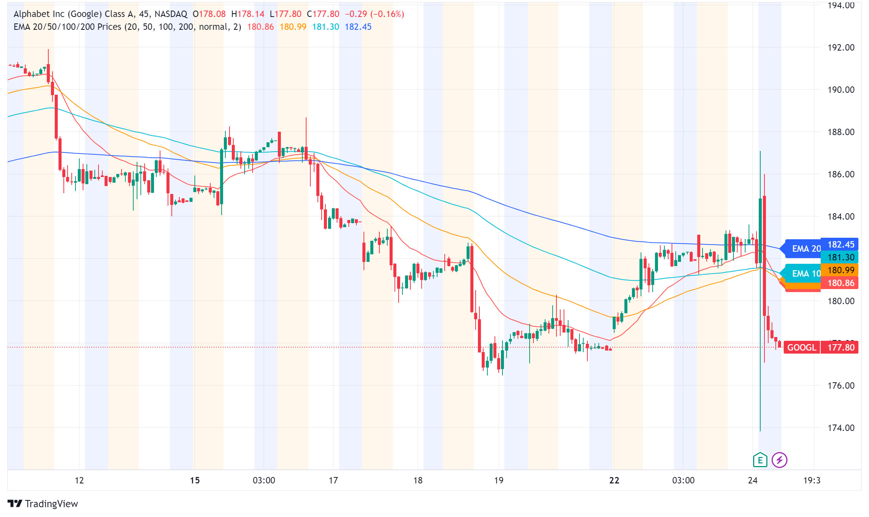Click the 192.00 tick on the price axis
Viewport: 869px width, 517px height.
(x=841, y=48)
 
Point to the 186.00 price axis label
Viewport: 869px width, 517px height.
(x=841, y=174)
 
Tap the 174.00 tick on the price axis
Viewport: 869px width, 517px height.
(x=841, y=428)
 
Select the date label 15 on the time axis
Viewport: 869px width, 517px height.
(x=194, y=480)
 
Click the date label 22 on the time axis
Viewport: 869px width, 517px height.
(x=614, y=480)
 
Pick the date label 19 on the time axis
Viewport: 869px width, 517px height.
(x=499, y=480)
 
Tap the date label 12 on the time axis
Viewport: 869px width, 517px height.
(x=79, y=480)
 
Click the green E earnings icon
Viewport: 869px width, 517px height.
(x=760, y=460)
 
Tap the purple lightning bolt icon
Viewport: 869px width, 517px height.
(x=779, y=460)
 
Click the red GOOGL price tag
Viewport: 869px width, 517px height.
(x=801, y=347)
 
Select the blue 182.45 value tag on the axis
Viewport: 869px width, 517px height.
(x=841, y=245)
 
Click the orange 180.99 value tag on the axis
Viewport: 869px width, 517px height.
(x=841, y=270)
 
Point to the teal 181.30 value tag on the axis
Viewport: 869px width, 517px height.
(x=841, y=257)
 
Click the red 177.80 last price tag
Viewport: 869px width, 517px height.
(x=841, y=347)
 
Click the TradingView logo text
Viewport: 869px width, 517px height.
(x=51, y=504)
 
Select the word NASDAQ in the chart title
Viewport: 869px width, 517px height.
(x=171, y=14)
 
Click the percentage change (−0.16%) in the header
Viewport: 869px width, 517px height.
(x=387, y=14)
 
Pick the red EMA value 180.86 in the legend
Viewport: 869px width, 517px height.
(x=260, y=27)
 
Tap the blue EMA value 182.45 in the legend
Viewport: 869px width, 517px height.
(x=358, y=27)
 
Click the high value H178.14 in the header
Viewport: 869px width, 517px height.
(x=248, y=14)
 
